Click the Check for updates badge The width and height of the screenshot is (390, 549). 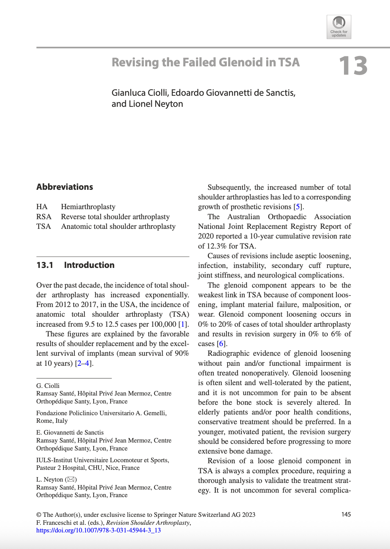coord(339,27)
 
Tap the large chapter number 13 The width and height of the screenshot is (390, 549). coord(353,66)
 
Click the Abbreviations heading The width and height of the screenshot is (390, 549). coord(65,187)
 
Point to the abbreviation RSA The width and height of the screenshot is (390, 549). coord(44,217)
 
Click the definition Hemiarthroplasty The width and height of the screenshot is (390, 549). coord(88,207)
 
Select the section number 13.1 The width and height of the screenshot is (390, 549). coord(45,265)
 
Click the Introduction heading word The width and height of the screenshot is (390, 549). coord(89,265)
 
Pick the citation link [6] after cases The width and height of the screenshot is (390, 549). coord(221,344)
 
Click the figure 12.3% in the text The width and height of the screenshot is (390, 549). coord(217,246)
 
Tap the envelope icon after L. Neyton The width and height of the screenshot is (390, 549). coord(71,480)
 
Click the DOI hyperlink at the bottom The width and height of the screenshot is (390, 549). coord(99,530)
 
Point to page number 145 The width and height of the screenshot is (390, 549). coord(346,514)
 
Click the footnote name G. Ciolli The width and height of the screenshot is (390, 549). coord(48,386)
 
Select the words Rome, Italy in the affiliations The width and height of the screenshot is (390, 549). coord(52,421)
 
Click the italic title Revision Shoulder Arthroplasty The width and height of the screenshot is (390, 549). coord(148,523)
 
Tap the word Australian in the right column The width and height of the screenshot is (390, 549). coord(243,217)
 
